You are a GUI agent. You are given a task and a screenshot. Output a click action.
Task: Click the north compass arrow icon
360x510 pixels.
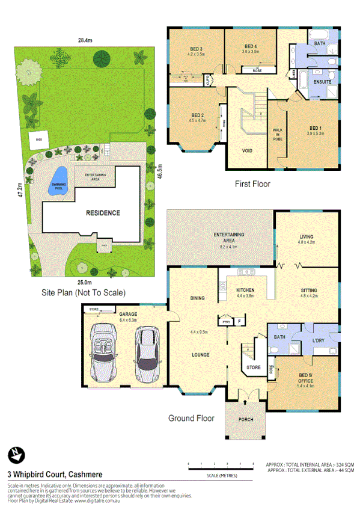tap(14, 453)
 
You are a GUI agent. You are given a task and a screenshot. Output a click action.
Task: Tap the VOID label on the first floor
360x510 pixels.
tap(247, 150)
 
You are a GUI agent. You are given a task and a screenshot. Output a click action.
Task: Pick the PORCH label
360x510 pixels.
tap(246, 419)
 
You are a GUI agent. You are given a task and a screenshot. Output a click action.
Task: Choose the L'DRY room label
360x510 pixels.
tap(319, 342)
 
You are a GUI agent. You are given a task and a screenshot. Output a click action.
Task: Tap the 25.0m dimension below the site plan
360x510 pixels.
tap(84, 282)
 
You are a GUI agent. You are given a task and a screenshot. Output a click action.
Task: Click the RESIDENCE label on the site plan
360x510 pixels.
tap(102, 213)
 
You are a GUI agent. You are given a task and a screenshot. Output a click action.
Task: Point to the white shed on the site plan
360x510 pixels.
tap(39, 138)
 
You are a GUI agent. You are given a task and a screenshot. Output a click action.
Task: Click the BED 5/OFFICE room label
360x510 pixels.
tap(306, 378)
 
